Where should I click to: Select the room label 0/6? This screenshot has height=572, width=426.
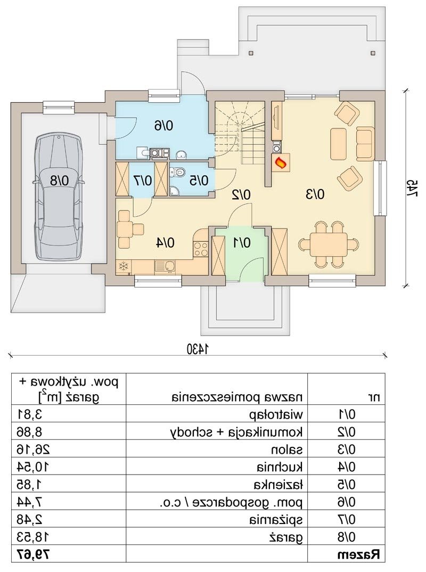[x=164, y=126]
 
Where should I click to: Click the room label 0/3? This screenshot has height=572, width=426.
[x=314, y=194]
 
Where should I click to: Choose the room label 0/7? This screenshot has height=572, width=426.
[x=142, y=180]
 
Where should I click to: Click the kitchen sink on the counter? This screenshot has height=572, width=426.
[x=165, y=266]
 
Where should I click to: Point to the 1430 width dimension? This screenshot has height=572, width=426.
[x=198, y=349]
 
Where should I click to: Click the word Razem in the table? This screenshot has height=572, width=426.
[x=358, y=555]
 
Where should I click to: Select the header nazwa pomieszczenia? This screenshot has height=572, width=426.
[x=237, y=397]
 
